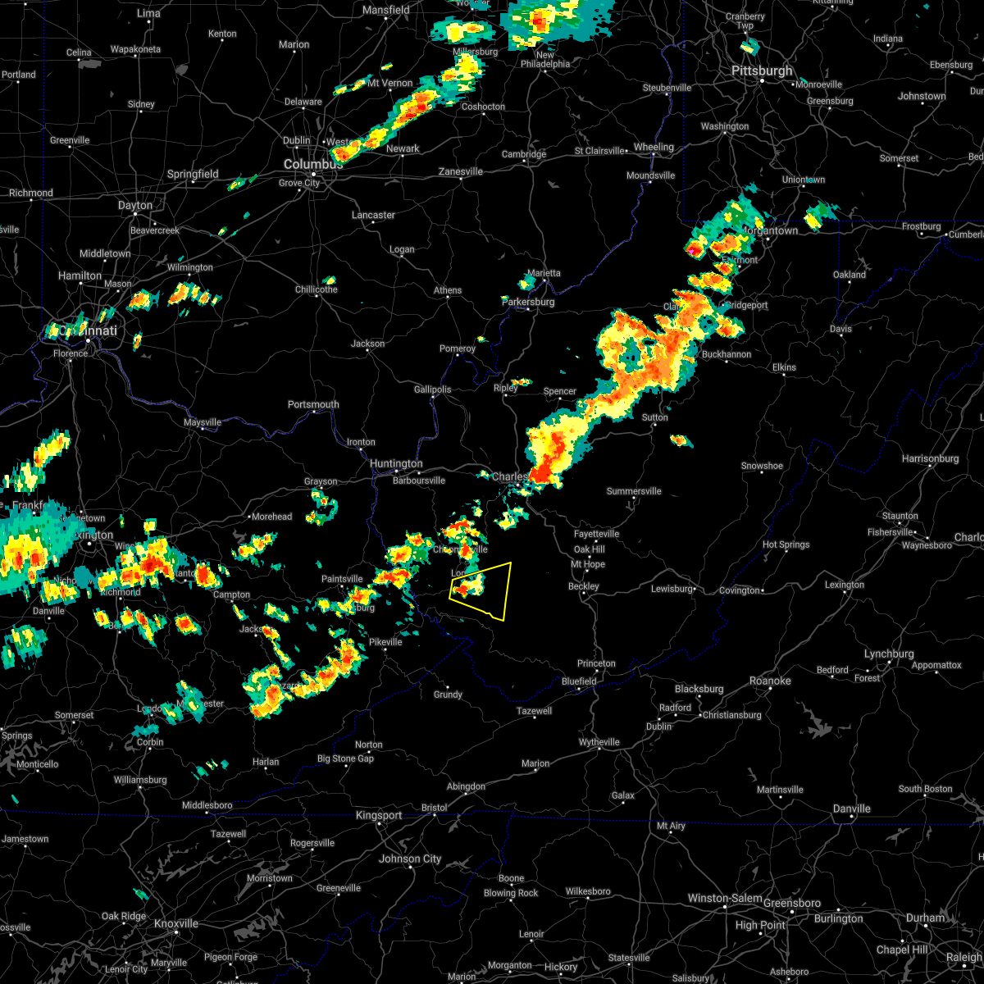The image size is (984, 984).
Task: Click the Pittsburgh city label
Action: pyautogui.click(x=762, y=71)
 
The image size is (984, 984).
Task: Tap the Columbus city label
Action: pyautogui.click(x=312, y=164)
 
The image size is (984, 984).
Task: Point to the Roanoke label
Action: pyautogui.click(x=770, y=681)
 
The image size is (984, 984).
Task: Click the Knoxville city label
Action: pyautogui.click(x=176, y=923)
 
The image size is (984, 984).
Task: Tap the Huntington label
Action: pyautogui.click(x=396, y=464)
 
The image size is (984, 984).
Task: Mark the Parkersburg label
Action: pyautogui.click(x=528, y=302)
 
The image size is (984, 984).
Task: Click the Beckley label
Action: pyautogui.click(x=584, y=586)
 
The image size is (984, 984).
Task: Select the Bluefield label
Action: pyautogui.click(x=579, y=681)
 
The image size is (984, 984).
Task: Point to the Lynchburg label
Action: pyautogui.click(x=889, y=654)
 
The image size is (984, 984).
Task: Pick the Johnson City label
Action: pyautogui.click(x=410, y=859)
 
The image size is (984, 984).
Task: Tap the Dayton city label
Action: pyautogui.click(x=135, y=206)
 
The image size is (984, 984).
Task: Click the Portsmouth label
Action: pyautogui.click(x=313, y=404)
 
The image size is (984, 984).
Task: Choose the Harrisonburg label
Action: pyautogui.click(x=930, y=458)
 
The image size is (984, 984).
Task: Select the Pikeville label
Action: pyautogui.click(x=385, y=642)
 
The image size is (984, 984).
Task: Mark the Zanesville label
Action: pyautogui.click(x=461, y=171)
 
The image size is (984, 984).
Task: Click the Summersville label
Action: pyautogui.click(x=634, y=491)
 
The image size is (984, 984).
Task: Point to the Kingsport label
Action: pyautogui.click(x=379, y=815)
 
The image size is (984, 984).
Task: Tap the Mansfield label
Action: pyautogui.click(x=386, y=10)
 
